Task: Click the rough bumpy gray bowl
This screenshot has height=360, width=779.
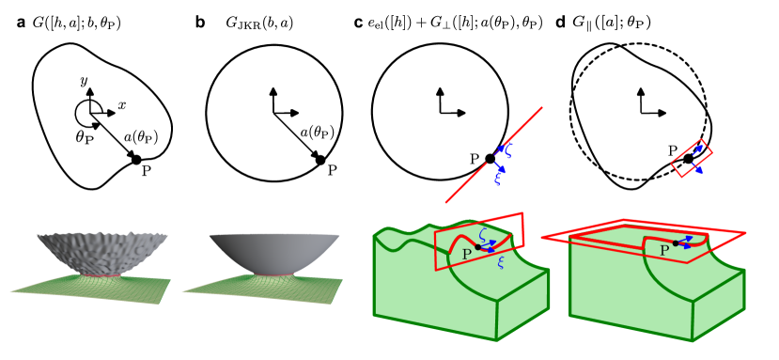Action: tap(101, 250)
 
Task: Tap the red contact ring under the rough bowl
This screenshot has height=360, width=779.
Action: tap(101, 276)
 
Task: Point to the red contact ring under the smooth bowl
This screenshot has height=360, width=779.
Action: tap(273, 276)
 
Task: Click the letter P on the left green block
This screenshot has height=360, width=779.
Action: tap(466, 254)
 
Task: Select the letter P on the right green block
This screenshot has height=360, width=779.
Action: tap(664, 251)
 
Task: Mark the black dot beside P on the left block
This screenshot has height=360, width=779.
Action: tap(477, 247)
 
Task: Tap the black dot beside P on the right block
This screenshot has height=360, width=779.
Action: tap(676, 243)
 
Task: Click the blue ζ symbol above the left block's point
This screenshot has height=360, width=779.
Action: tap(483, 234)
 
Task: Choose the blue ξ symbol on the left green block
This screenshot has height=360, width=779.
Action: tap(500, 262)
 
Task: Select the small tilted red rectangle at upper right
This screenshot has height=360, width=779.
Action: tap(692, 158)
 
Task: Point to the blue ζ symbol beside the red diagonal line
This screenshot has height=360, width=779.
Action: tap(506, 149)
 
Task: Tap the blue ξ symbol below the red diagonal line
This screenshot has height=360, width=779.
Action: tap(498, 178)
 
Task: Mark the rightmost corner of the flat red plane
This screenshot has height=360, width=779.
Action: tap(745, 232)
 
